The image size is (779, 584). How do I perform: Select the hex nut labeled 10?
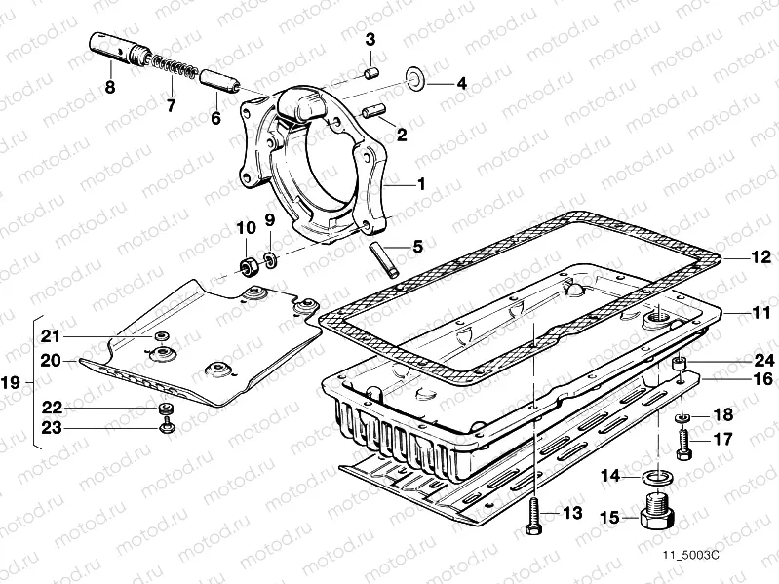tap(248, 265)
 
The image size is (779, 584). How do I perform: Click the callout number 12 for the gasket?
tap(761, 259)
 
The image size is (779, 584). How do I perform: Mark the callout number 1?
tap(421, 183)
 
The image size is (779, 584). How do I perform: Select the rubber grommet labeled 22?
tap(167, 407)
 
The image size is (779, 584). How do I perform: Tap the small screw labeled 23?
tap(167, 425)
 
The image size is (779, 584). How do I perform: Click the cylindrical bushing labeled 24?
tap(679, 367)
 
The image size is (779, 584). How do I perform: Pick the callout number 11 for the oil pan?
tap(761, 313)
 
